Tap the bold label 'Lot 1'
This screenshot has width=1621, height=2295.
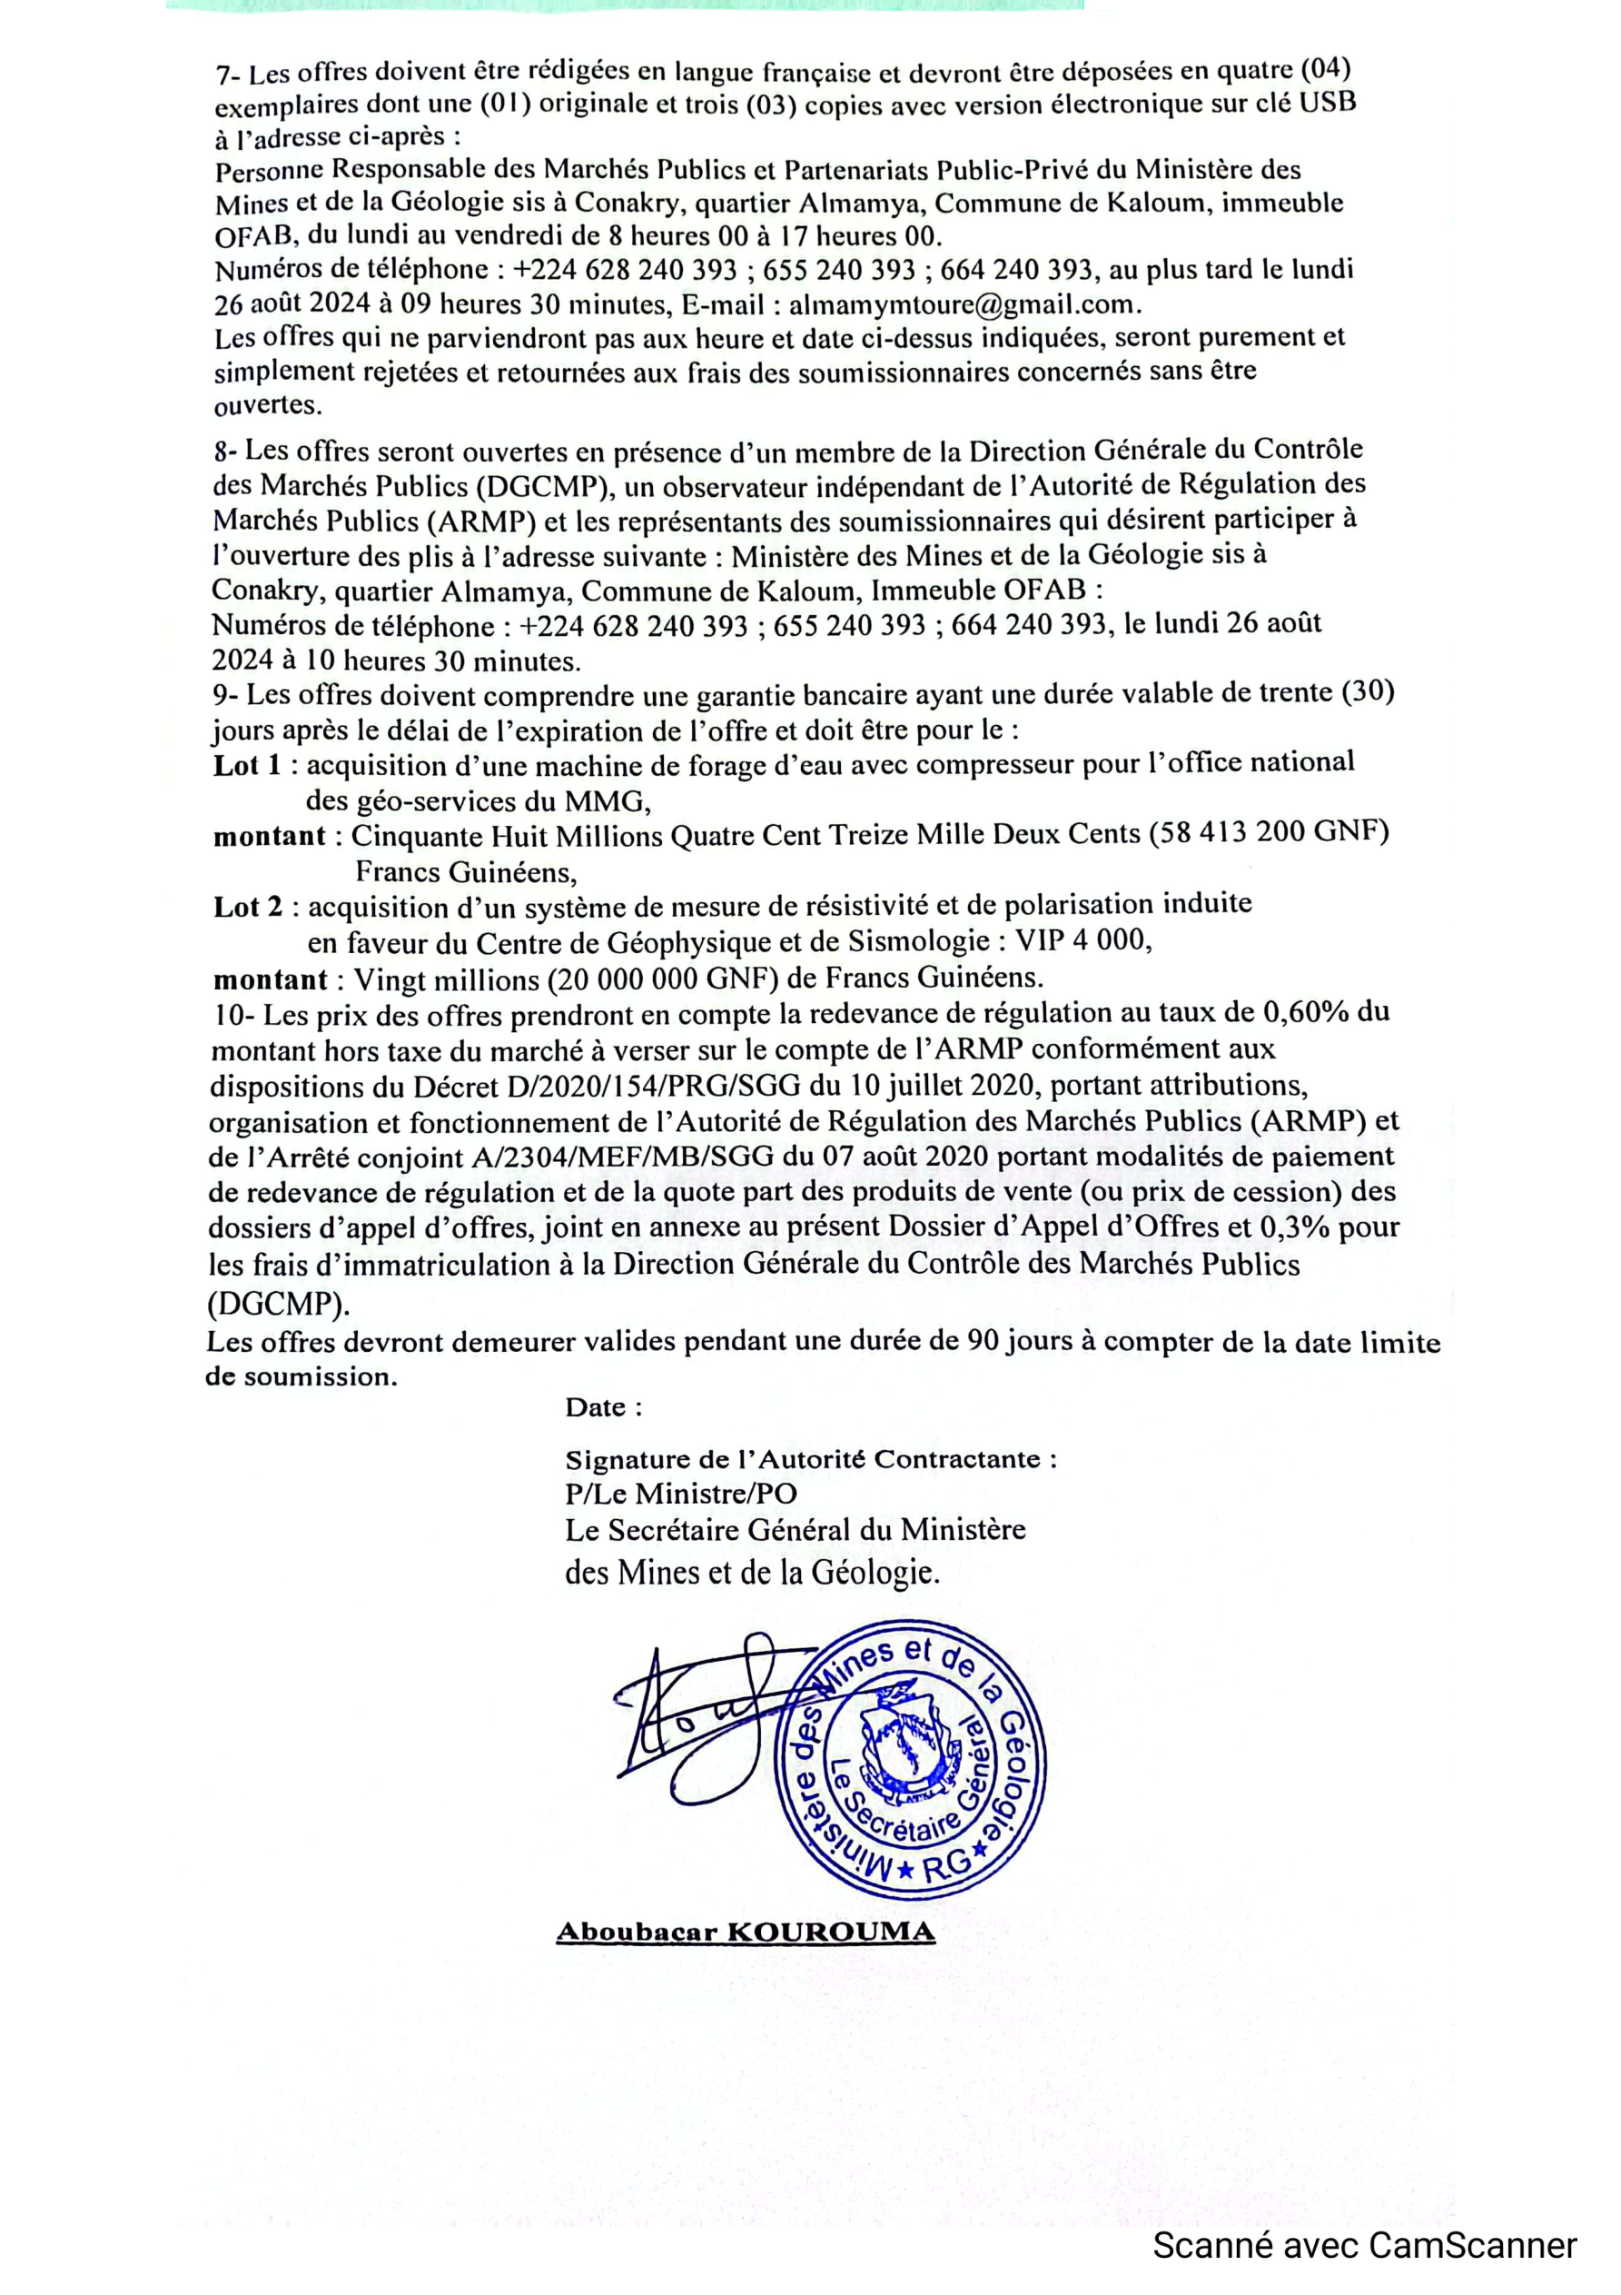point(247,766)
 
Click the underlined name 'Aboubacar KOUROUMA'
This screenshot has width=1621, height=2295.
point(746,1932)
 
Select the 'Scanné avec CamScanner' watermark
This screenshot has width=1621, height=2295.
point(1365,2246)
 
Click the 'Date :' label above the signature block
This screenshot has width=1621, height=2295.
point(604,1407)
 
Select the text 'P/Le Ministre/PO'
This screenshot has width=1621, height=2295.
point(680,1494)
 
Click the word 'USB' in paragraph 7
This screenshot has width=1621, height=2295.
point(1327,102)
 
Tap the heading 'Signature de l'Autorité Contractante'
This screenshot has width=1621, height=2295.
point(810,1459)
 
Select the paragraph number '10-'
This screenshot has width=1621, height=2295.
point(234,1016)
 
